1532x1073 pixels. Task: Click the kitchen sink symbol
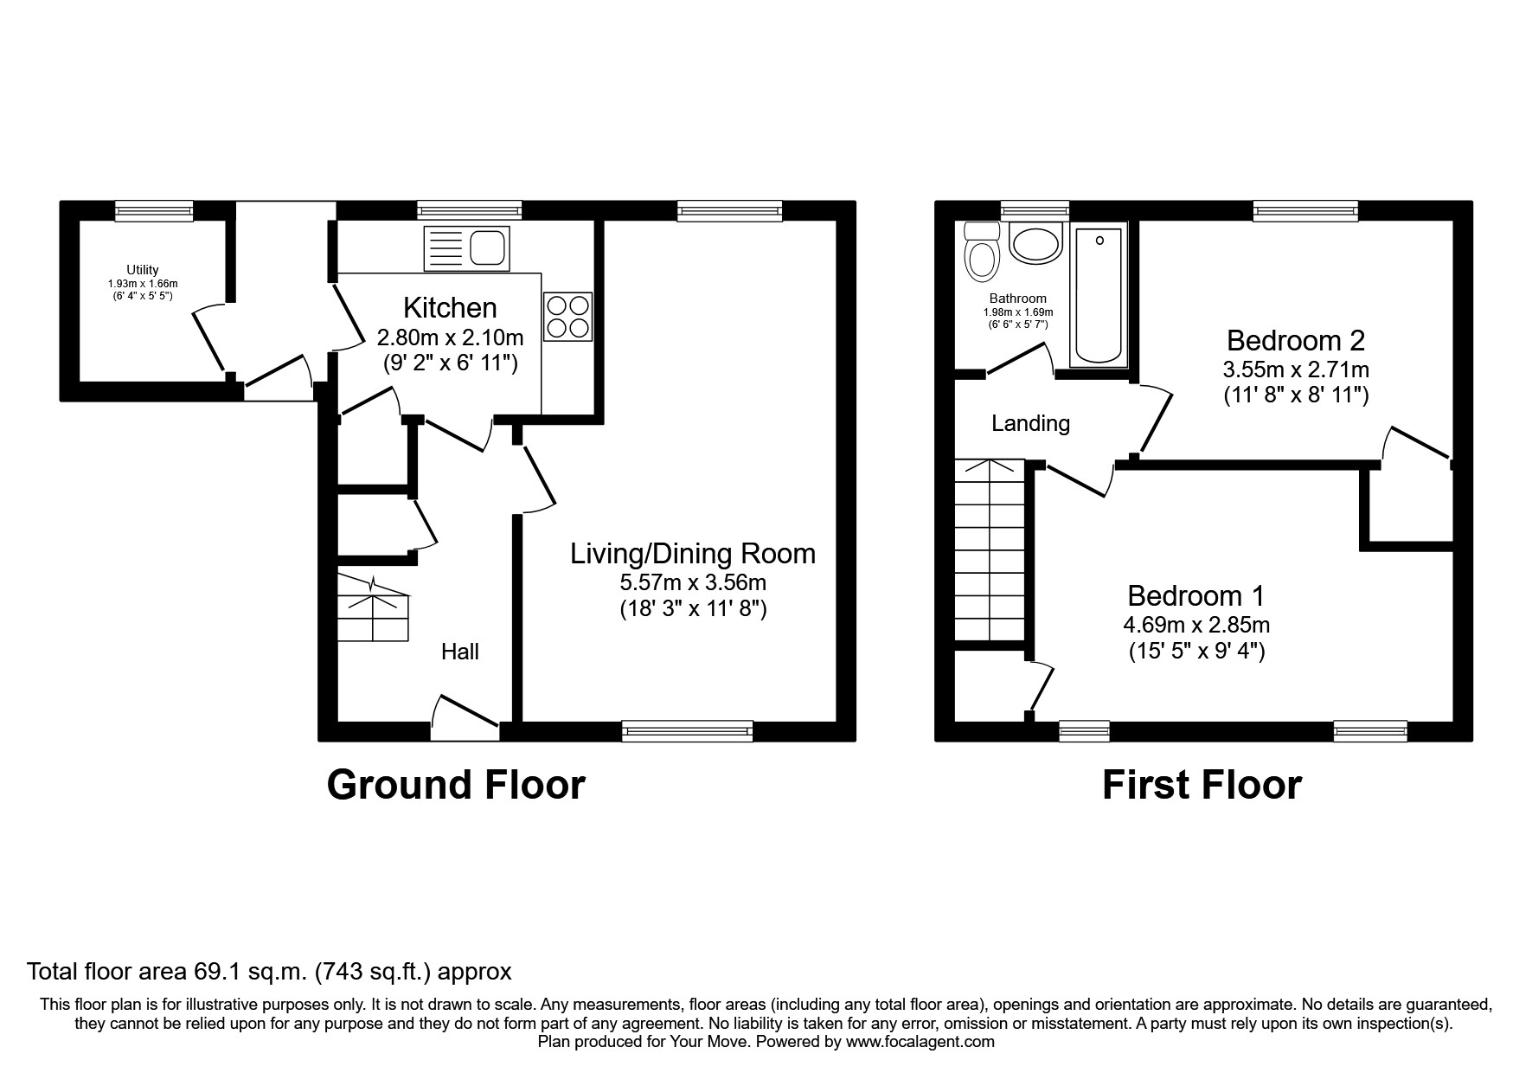465,248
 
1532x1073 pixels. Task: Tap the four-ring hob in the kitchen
568,317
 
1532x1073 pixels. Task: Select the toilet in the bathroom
982,251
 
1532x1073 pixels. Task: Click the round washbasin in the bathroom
1035,242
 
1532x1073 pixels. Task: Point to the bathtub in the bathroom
1099,296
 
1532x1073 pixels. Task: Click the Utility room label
143,270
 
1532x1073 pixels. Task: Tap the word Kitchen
450,307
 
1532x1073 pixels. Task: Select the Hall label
460,652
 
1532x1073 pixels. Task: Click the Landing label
1030,423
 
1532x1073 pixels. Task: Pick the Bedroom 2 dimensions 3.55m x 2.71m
1296,369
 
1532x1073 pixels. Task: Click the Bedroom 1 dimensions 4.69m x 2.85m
1196,624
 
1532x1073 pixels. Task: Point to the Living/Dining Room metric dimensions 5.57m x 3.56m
693,582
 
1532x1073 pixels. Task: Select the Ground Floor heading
456,785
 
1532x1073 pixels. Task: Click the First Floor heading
1202,785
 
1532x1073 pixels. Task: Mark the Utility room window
154,210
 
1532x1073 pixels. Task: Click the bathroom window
1035,210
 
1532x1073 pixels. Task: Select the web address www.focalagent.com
920,1042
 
